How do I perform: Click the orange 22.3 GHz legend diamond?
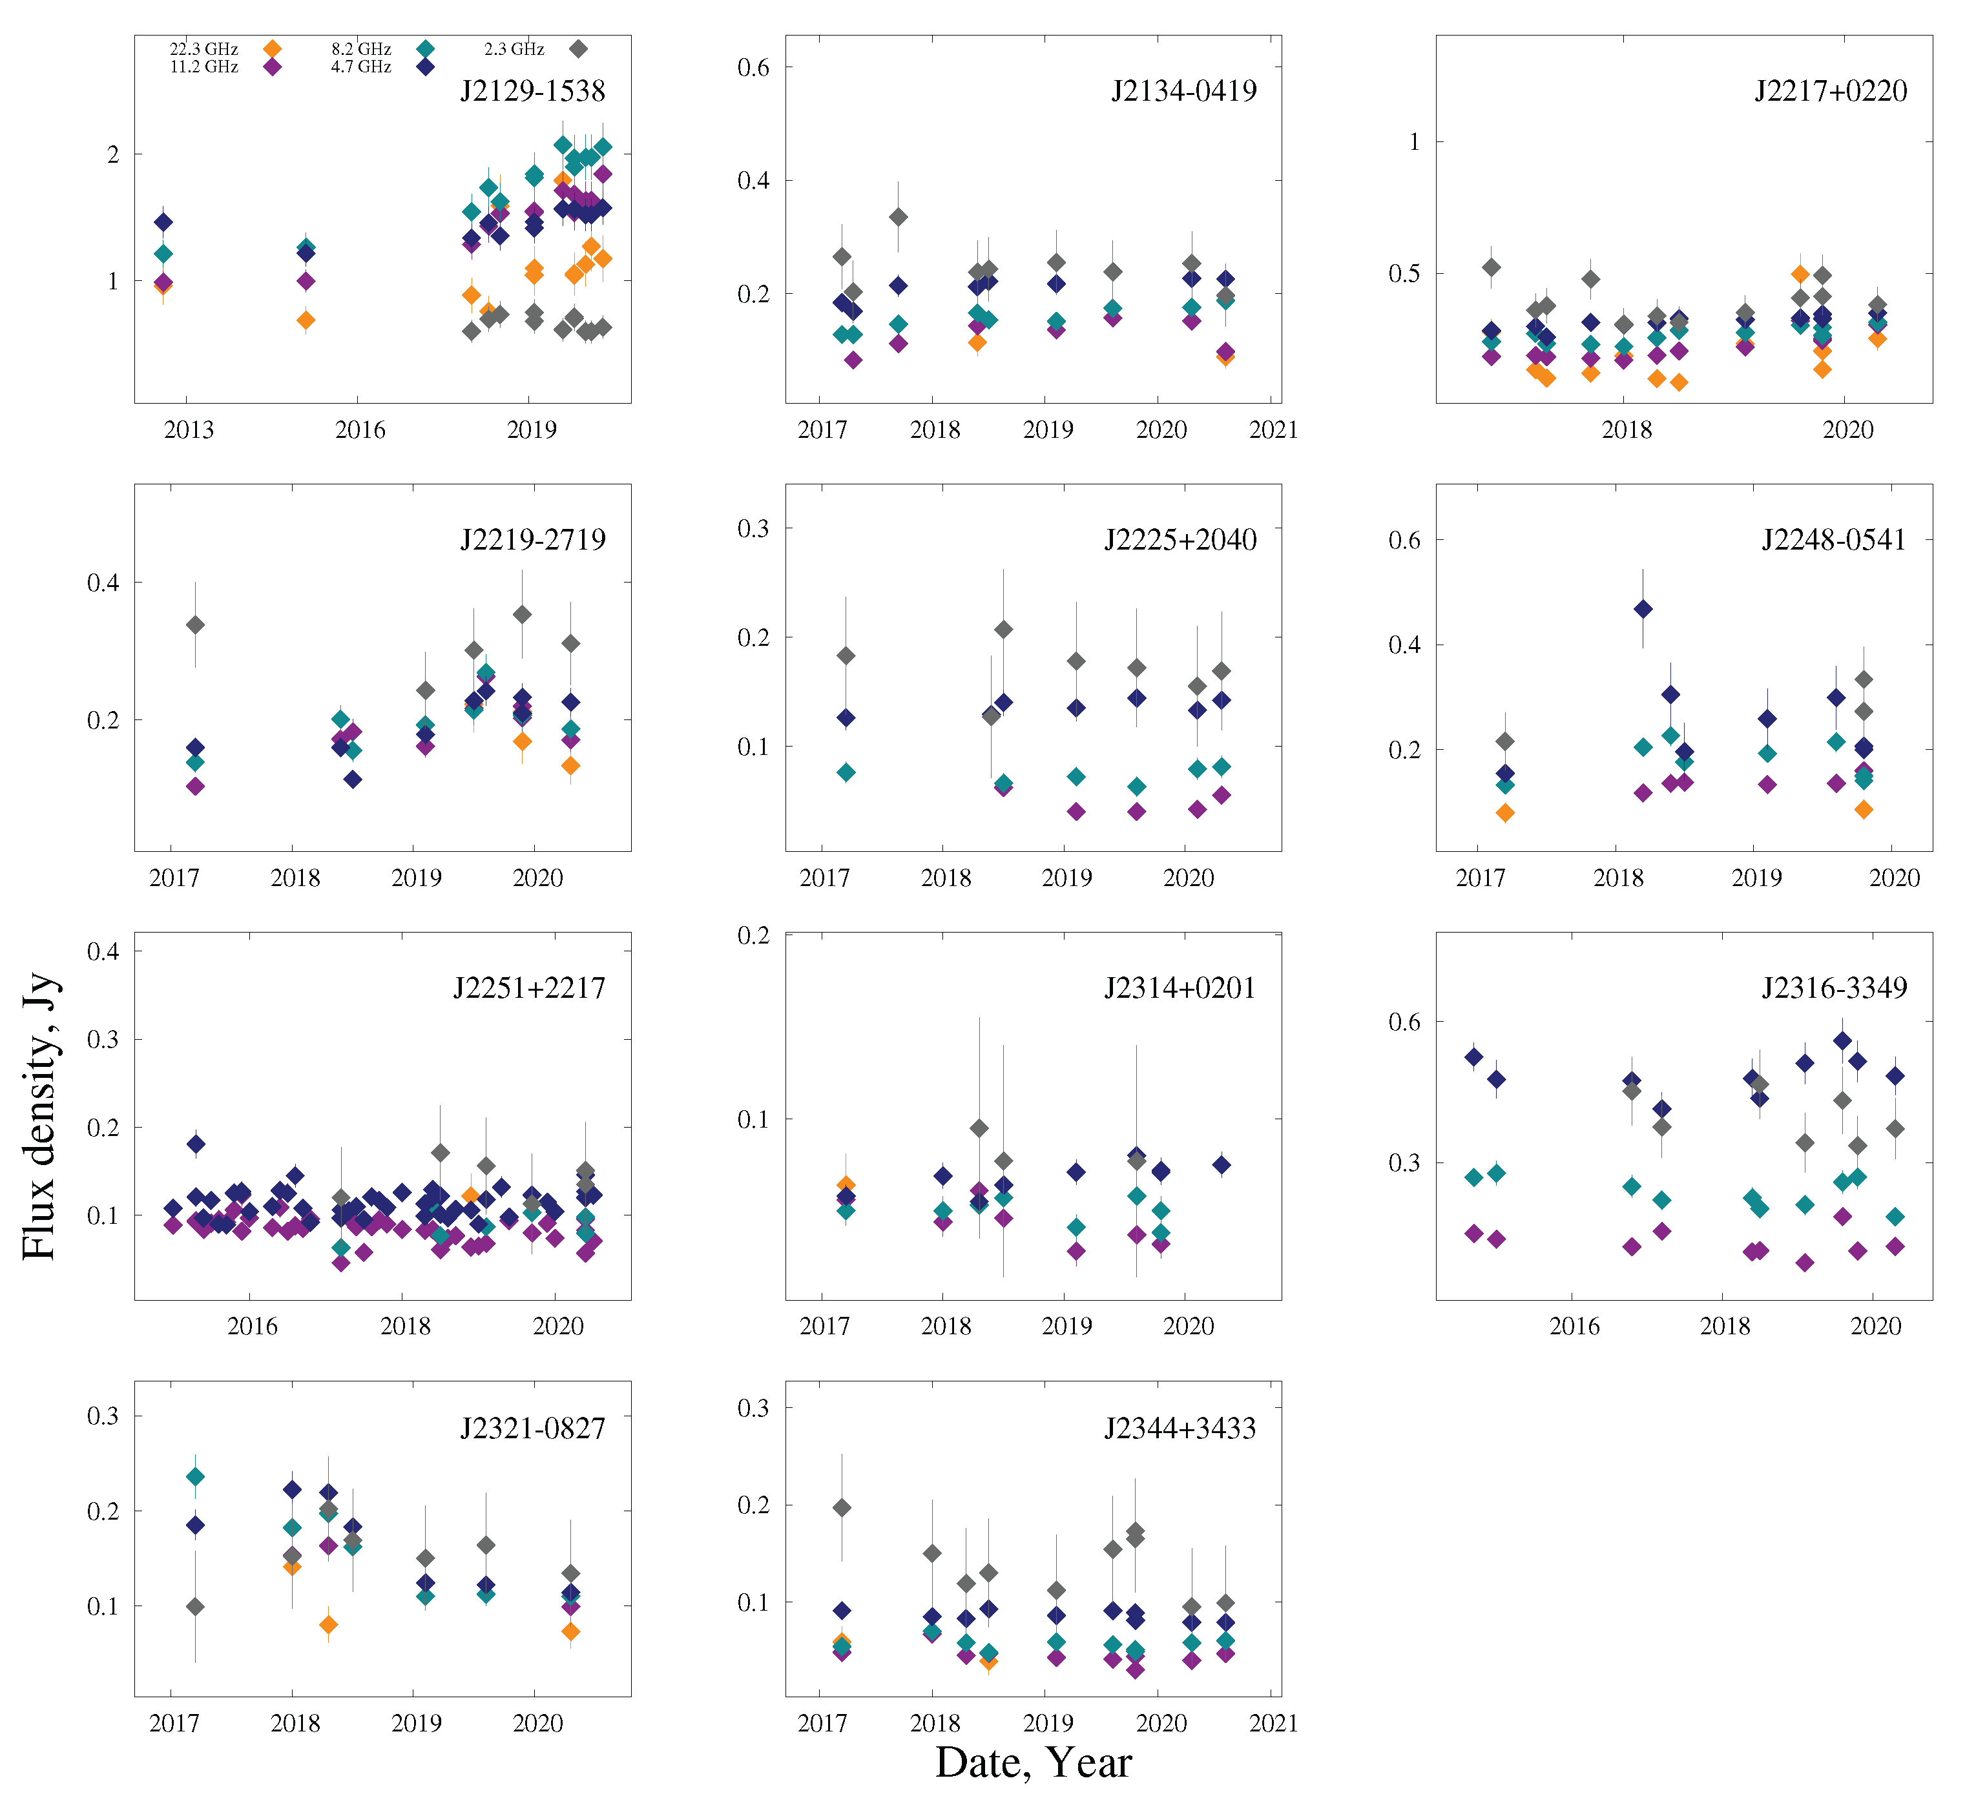[273, 48]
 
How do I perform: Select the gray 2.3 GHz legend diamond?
[579, 48]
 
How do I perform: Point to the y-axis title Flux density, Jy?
[39, 1117]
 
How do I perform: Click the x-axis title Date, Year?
[1032, 1763]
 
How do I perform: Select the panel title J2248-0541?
[1833, 539]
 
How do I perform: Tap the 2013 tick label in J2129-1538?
[188, 430]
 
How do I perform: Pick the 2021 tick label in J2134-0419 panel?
[1273, 430]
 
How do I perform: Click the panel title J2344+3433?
[1180, 1429]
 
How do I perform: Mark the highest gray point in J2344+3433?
[841, 1507]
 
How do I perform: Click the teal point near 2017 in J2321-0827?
[195, 1476]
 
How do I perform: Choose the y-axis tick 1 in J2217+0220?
[1414, 141]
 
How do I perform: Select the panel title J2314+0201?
[1180, 987]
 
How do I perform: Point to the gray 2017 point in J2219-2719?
[195, 625]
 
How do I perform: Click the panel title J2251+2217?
[530, 987]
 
